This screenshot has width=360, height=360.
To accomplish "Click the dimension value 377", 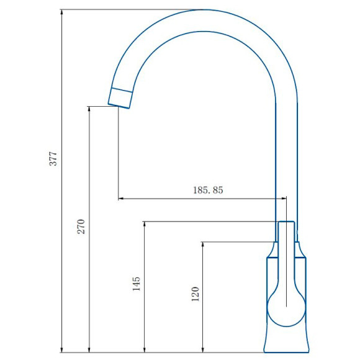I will coord(53,158).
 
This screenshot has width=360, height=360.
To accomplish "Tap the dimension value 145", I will coord(137,284).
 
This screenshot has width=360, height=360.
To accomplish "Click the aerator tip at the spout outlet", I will coord(120,97).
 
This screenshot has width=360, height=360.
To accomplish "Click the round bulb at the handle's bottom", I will coord(286,308).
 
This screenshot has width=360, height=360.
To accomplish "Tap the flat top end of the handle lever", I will coord(286,222).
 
